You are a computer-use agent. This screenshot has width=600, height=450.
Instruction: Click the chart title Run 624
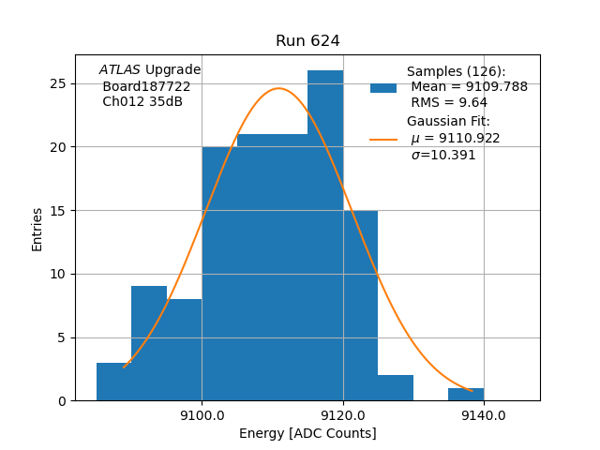pos(307,41)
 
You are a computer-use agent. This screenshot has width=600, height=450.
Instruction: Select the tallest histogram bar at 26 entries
pos(325,234)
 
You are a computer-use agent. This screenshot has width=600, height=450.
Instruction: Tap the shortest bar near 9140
pos(466,395)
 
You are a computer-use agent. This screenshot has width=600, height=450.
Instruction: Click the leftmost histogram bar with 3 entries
pos(113,382)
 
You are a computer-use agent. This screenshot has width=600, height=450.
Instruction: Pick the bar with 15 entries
pos(360,305)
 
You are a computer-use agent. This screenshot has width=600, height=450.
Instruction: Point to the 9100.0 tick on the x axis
pos(202,415)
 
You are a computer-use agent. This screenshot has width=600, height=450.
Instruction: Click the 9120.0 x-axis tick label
pos(343,415)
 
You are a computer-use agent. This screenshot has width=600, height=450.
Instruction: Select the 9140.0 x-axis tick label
pos(484,415)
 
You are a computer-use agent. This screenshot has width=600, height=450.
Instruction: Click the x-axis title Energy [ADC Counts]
pos(307,433)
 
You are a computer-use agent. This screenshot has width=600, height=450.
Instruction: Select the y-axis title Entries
pos(37,229)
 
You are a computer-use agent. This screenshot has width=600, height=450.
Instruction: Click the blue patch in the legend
pos(382,87)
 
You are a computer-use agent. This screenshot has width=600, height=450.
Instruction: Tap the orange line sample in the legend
pos(382,139)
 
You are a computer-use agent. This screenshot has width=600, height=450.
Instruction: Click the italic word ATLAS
pos(119,70)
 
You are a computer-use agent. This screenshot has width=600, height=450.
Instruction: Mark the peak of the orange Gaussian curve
pos(278,88)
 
